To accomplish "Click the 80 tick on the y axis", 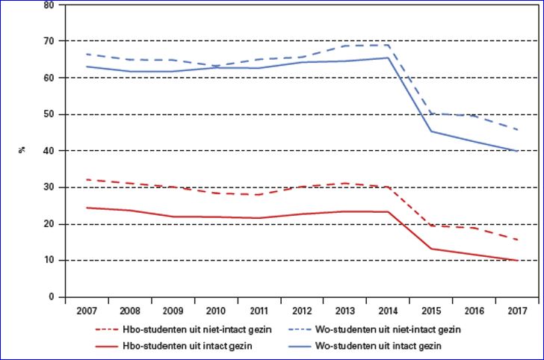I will click(49, 4).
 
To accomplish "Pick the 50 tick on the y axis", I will click(49, 114).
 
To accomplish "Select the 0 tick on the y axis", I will click(52, 297).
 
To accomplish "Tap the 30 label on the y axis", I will click(49, 187).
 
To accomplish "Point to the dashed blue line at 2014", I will click(388, 45).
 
